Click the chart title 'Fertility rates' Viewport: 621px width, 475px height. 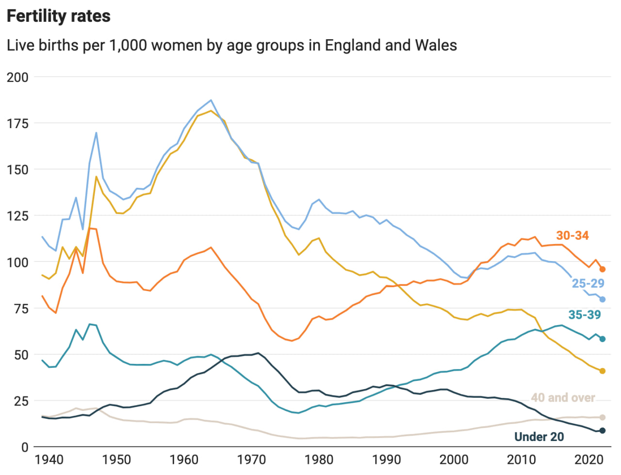[x=59, y=16]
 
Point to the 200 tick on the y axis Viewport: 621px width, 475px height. [x=17, y=77]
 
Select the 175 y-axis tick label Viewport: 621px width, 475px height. [x=17, y=124]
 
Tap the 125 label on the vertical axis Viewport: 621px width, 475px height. [x=17, y=216]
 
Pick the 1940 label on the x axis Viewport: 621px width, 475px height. [x=49, y=459]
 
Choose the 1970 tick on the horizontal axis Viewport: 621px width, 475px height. [x=252, y=459]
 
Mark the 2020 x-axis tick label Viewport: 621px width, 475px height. [x=588, y=459]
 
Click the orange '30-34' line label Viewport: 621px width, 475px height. [x=572, y=236]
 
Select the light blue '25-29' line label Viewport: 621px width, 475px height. [x=588, y=283]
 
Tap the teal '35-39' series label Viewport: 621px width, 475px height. [x=585, y=315]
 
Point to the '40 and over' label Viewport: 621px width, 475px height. [x=563, y=398]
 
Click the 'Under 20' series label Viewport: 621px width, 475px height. [x=539, y=437]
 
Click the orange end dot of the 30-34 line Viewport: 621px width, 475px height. [x=603, y=269]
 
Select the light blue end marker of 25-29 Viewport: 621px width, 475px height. [x=603, y=299]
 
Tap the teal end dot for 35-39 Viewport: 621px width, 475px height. [x=603, y=339]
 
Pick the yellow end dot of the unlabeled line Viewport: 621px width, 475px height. [x=603, y=371]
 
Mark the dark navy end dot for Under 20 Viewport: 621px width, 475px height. [x=603, y=431]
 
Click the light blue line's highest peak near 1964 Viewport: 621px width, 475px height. [x=211, y=100]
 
